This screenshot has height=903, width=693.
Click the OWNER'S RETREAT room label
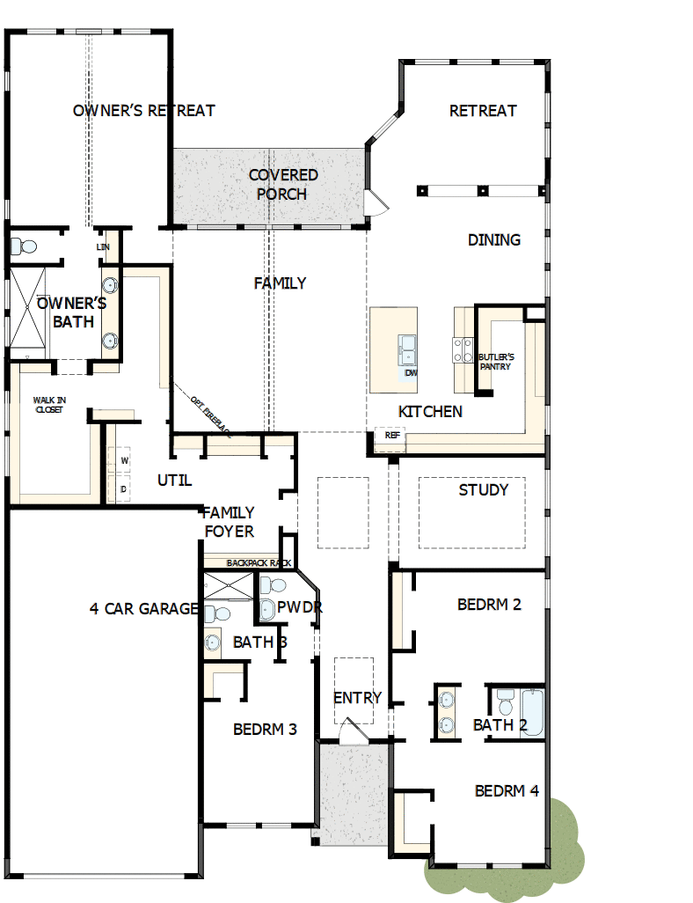[143, 111]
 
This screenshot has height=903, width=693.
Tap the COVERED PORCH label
[282, 185]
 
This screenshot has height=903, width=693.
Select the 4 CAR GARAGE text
[144, 608]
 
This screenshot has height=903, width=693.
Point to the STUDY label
[483, 490]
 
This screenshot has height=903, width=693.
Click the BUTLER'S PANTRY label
[494, 362]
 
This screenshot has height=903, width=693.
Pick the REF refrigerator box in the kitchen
[391, 435]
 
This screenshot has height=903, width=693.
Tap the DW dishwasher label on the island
[410, 373]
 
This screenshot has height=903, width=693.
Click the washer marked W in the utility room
[124, 460]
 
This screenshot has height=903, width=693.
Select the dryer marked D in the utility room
[124, 487]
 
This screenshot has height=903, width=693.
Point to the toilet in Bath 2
[505, 701]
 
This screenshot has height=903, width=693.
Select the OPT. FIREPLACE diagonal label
[209, 415]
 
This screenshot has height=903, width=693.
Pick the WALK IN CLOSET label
[48, 404]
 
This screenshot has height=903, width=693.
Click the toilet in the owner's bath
[22, 246]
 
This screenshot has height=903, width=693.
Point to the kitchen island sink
[407, 348]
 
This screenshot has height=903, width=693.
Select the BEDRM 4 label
[507, 791]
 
